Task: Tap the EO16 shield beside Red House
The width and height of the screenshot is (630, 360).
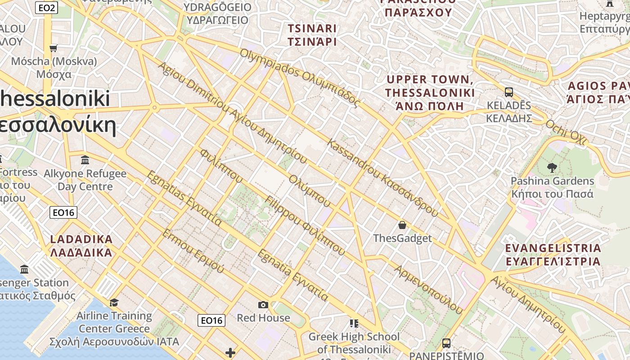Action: click(211, 320)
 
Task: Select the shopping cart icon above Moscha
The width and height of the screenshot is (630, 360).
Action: click(54, 48)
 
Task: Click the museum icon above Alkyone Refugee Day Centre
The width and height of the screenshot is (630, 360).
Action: click(85, 160)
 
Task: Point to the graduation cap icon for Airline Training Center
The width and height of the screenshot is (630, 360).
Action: click(114, 302)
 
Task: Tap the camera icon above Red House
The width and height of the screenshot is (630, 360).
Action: click(263, 305)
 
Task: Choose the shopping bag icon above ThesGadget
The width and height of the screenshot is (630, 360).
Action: click(402, 225)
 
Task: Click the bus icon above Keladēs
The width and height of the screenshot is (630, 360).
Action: click(509, 92)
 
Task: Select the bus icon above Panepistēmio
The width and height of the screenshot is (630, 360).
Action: click(446, 343)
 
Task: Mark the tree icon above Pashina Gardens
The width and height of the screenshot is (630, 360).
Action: click(552, 168)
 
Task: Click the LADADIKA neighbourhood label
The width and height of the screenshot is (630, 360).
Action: click(81, 246)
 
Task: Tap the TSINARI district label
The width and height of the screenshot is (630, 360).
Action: click(312, 35)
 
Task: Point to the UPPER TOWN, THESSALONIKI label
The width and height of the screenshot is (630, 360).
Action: click(430, 93)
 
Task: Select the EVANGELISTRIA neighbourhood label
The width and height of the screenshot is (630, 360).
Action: click(553, 255)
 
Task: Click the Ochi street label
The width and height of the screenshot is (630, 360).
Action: click(567, 132)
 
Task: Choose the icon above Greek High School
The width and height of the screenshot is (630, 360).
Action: click(354, 323)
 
